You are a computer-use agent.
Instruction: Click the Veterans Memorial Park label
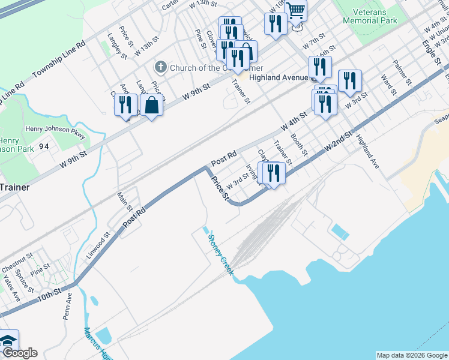click(370, 16)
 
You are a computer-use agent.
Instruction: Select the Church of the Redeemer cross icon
click(161, 67)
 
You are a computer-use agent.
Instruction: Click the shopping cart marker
click(295, 11)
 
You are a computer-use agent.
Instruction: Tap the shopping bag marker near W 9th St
click(152, 106)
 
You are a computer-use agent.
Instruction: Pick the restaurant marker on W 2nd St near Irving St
click(274, 173)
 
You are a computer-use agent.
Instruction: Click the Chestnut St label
click(17, 261)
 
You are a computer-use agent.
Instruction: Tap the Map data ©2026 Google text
click(411, 355)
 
